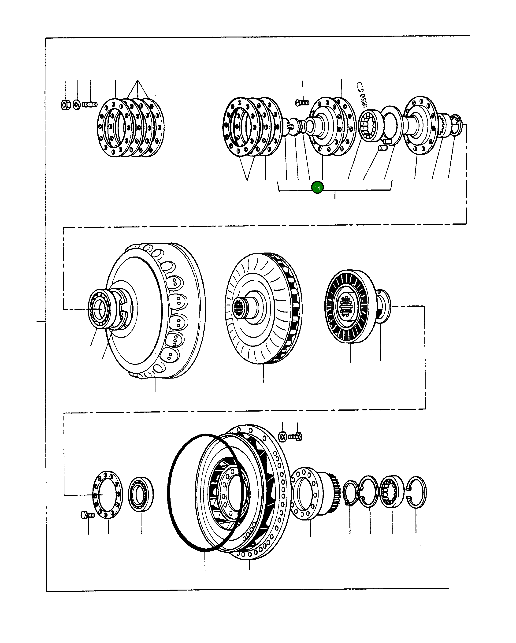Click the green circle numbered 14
coord(317,188)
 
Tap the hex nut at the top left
coord(66,105)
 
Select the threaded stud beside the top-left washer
coord(89,105)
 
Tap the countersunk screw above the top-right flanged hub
coord(302,103)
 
